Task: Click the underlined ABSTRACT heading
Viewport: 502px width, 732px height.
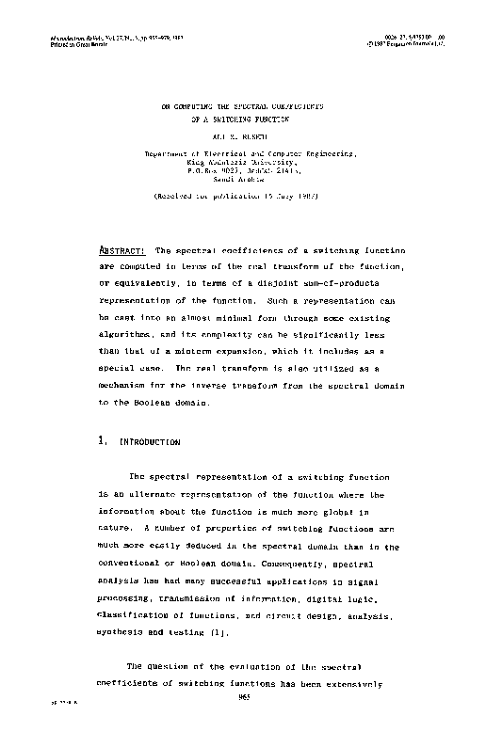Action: point(121,251)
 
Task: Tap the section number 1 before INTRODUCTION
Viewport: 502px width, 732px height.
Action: point(101,440)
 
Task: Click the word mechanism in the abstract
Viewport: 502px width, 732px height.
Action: point(129,385)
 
